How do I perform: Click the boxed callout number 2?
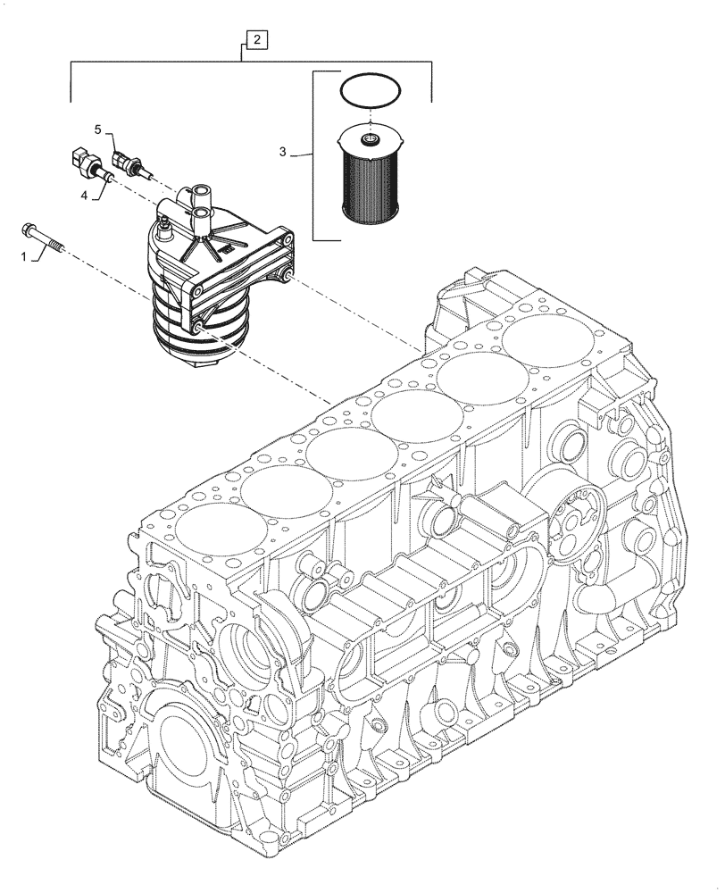pyautogui.click(x=256, y=39)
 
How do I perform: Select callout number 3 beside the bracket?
pyautogui.click(x=282, y=154)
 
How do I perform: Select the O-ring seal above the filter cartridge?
pyautogui.click(x=371, y=91)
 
